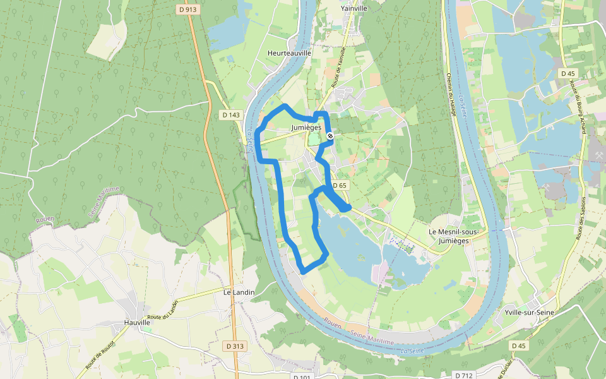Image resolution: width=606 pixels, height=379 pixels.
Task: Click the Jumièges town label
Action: [x=306, y=127]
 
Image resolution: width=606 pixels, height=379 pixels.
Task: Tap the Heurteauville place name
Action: [x=289, y=54]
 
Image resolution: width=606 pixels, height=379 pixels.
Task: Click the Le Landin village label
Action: [x=239, y=292]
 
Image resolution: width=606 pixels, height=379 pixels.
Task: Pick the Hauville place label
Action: [x=137, y=322]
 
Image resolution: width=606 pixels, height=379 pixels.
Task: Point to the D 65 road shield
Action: [x=340, y=185]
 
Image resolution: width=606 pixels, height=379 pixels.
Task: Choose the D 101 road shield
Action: [x=302, y=376]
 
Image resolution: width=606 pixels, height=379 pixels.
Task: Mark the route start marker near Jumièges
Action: [x=330, y=136]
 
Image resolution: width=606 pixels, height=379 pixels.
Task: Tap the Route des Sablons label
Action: [x=582, y=218]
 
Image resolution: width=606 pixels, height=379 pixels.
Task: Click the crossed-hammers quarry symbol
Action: [x=597, y=155]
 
